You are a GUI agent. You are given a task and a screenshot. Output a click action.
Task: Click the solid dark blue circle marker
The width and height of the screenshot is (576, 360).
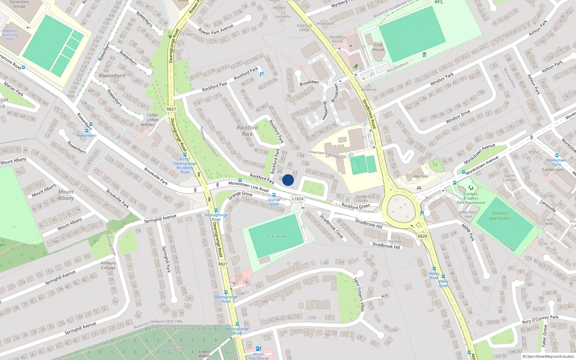coord(288,180)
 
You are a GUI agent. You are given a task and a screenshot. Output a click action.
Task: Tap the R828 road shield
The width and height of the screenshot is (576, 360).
coord(422,236)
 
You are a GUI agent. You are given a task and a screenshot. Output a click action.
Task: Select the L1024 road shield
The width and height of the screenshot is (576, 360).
coord(298,199)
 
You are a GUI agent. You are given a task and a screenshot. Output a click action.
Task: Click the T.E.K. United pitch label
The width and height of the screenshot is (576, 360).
coord(276,237)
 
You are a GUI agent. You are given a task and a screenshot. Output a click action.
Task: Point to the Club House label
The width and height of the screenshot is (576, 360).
coord(378,47)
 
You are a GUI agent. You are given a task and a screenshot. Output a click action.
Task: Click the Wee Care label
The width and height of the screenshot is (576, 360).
coord(420,176)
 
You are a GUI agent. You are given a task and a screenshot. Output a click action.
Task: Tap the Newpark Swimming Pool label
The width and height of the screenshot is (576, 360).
coord(10,35)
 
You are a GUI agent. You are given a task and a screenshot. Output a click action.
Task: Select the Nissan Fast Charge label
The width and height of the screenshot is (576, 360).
coord(258,356)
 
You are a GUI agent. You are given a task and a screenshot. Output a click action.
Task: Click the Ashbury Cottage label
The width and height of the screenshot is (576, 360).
coord(108,265)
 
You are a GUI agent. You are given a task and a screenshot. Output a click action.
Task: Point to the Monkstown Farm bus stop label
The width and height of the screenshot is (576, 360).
coord(557,162)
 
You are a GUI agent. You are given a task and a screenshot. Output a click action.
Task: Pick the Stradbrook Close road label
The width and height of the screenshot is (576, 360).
coord(332,226)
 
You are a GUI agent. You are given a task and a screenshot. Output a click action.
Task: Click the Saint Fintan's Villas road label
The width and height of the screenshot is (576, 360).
coord(359,294)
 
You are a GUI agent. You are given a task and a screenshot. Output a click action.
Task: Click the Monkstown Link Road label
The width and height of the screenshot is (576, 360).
coord(248,186)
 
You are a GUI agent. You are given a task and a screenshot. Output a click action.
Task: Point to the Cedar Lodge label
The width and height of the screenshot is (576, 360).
coord(152,117)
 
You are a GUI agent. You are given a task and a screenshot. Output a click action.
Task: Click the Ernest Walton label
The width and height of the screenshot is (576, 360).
coord(204,354)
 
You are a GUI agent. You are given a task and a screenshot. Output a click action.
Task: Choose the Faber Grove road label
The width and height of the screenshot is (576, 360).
coord(544,336)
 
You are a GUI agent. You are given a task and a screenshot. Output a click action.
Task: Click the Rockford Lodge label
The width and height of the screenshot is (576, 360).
coord(304,28)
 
